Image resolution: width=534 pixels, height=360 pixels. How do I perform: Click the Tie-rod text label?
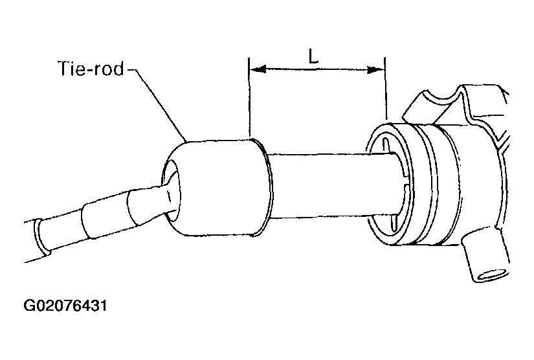pyautogui.click(x=91, y=69)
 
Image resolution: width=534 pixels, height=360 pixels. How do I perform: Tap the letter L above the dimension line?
pyautogui.click(x=313, y=56)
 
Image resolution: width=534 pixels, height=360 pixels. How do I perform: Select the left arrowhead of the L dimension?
pyautogui.click(x=258, y=69)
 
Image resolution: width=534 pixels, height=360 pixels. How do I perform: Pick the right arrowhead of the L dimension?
pyautogui.click(x=375, y=70)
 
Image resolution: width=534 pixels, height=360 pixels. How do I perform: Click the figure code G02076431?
pyautogui.click(x=65, y=306)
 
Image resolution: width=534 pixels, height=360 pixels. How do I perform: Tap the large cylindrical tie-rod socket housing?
pyautogui.click(x=217, y=187)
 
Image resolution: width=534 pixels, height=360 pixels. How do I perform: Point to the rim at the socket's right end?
pyautogui.click(x=270, y=187)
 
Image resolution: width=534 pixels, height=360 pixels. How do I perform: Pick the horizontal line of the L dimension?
pyautogui.click(x=317, y=70)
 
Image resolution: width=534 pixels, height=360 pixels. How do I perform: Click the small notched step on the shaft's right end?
pyautogui.click(x=405, y=177)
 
